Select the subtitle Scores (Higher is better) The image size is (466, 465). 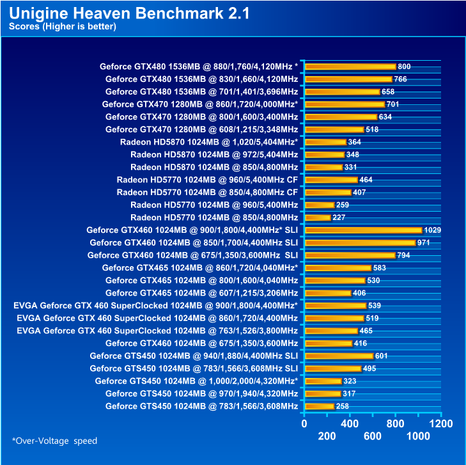(x=62, y=27)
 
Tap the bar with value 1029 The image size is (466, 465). (x=364, y=230)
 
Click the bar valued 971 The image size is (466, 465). (x=361, y=243)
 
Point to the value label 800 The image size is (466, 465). (x=404, y=67)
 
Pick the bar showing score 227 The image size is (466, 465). (x=318, y=217)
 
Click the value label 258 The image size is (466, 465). (x=343, y=407)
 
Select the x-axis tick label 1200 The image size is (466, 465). (x=441, y=423)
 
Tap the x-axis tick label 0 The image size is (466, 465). (x=304, y=423)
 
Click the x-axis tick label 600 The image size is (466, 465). (x=373, y=436)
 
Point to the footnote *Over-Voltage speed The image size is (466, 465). (x=54, y=441)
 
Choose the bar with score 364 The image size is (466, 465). (x=326, y=142)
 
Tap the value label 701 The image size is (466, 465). (x=393, y=104)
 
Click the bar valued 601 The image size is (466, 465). (x=339, y=356)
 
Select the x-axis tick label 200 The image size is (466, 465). (x=327, y=436)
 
